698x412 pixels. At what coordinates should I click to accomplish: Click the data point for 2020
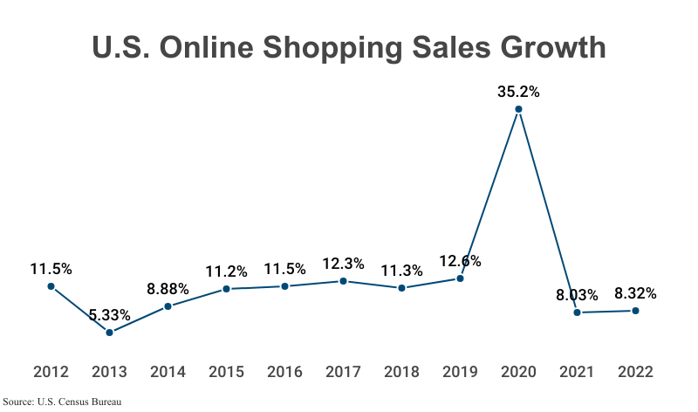[x=518, y=110]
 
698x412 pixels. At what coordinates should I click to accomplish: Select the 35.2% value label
[x=518, y=90]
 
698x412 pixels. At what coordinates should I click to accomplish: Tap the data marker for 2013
[x=109, y=333]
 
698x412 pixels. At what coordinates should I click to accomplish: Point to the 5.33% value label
[x=109, y=314]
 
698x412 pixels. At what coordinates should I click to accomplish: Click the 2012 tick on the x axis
[x=51, y=372]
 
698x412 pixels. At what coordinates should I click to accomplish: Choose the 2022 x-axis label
[x=635, y=372]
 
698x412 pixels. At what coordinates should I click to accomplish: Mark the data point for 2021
[x=577, y=312]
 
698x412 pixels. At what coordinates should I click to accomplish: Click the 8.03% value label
[x=577, y=294]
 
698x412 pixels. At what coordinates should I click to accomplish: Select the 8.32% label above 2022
[x=635, y=292]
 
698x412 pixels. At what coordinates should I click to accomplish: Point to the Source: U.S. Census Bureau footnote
[x=61, y=402]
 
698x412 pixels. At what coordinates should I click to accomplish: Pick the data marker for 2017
[x=343, y=281]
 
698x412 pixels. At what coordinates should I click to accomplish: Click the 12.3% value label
[x=343, y=262]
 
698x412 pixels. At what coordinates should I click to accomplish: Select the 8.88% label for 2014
[x=168, y=288]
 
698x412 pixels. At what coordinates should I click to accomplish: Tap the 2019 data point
[x=460, y=278]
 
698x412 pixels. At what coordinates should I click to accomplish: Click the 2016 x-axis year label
[x=284, y=372]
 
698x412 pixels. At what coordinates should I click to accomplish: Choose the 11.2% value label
[x=226, y=271]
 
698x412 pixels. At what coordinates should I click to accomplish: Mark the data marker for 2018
[x=401, y=287]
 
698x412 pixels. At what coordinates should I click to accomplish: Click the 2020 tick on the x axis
[x=518, y=372]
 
